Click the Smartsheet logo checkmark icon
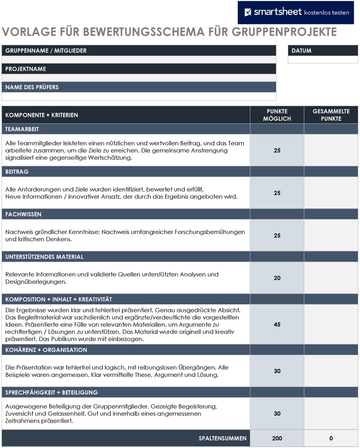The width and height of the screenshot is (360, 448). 248,12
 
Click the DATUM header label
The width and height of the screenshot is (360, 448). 302,50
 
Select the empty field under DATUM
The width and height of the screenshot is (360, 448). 323,59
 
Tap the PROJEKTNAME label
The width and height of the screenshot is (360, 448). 25,69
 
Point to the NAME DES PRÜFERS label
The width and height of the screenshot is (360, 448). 32,87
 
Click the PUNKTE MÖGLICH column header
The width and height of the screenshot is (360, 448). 277,115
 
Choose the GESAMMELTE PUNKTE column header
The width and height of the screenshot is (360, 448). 331,115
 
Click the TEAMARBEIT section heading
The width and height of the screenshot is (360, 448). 22,129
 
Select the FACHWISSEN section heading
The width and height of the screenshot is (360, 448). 23,214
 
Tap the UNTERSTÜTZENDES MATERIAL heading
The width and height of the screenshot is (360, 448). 44,257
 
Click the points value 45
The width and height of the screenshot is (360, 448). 277,324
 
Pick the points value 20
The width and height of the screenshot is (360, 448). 277,278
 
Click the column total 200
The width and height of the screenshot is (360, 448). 277,439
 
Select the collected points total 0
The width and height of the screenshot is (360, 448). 331,439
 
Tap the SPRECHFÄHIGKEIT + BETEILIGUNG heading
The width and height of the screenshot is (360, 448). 51,393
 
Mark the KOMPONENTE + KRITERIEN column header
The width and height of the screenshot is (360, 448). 42,115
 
